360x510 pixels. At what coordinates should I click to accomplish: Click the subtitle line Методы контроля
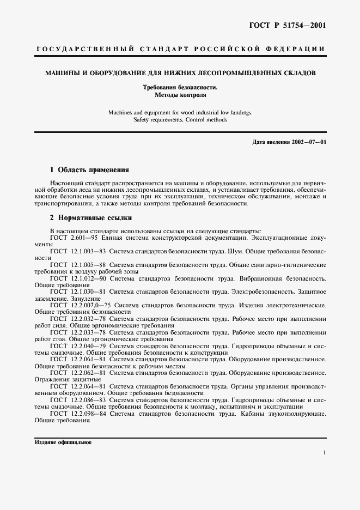[180, 94]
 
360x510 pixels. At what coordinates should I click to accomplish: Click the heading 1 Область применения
[89, 169]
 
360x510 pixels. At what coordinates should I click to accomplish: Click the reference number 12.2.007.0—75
[91, 305]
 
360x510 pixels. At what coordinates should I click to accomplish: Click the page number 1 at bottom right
[324, 452]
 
